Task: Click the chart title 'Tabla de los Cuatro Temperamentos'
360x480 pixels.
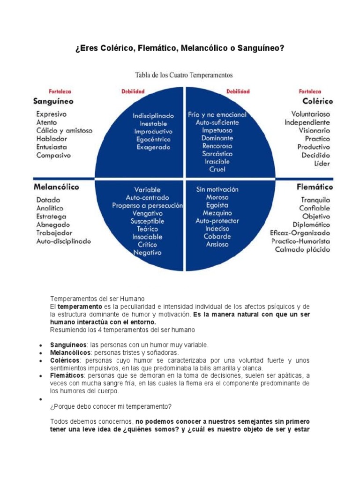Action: (x=184, y=75)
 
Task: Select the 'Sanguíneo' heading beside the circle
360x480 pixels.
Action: (x=53, y=101)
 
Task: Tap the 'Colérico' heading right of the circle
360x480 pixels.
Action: (x=317, y=101)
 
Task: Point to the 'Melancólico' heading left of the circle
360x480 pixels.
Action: (x=56, y=187)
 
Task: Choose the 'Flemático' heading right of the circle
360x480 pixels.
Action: (x=315, y=187)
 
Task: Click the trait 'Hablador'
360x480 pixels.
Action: (x=52, y=139)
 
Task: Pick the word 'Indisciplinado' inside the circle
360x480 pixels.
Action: (x=153, y=115)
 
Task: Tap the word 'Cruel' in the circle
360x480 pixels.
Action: (x=217, y=169)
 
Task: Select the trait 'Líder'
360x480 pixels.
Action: (x=322, y=164)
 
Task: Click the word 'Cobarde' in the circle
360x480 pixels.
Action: (x=217, y=236)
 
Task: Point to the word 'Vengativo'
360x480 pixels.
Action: (x=148, y=213)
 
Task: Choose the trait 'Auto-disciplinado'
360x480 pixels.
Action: (x=64, y=241)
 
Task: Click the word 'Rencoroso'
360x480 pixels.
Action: (x=217, y=146)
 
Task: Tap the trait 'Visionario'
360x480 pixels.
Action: (x=314, y=131)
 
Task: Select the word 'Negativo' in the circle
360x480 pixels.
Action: (x=147, y=252)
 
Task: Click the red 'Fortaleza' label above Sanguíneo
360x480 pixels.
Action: (x=60, y=91)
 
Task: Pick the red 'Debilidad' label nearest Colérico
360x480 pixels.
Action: (x=238, y=91)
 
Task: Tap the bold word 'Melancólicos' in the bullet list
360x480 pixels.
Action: (x=70, y=352)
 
